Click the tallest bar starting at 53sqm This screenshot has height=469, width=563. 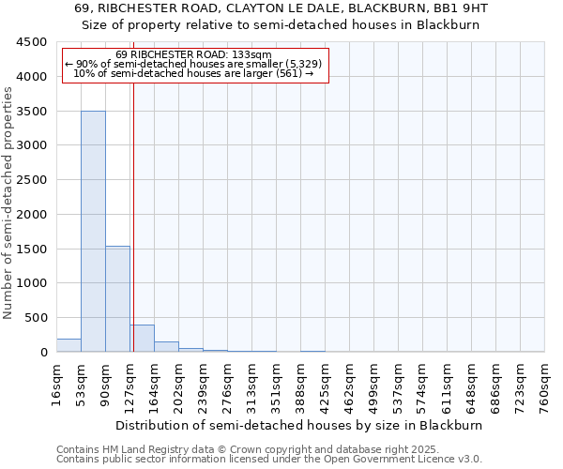coord(93,231)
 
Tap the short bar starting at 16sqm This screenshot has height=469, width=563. coord(68,345)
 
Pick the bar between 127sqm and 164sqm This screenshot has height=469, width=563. coord(142,339)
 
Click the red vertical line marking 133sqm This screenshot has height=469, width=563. coord(133,216)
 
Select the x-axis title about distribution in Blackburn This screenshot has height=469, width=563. coord(300,425)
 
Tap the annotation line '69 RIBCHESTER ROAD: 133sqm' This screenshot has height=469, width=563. coord(195,54)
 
